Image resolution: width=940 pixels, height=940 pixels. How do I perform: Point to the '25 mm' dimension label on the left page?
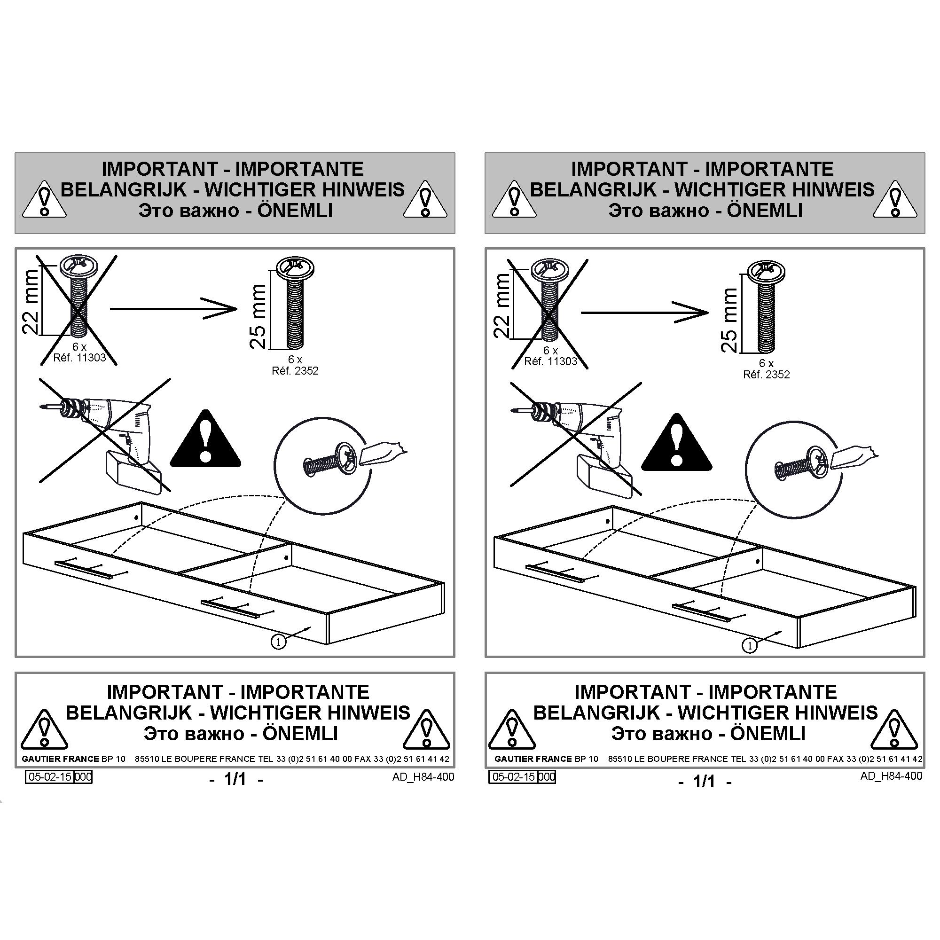[x=258, y=316]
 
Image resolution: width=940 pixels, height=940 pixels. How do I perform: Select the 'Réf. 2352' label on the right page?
[x=766, y=375]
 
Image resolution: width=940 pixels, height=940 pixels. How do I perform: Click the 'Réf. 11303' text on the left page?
[x=79, y=358]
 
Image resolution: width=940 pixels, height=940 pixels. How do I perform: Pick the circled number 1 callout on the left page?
[x=278, y=642]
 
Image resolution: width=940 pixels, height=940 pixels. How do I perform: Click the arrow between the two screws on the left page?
[x=174, y=308]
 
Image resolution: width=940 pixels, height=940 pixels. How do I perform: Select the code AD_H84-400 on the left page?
[x=423, y=776]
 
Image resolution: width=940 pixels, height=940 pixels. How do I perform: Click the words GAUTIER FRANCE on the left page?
[x=61, y=759]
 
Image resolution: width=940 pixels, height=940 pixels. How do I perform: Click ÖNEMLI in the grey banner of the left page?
[x=295, y=210]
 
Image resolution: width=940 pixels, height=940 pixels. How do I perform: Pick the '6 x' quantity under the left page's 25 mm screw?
[x=295, y=360]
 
